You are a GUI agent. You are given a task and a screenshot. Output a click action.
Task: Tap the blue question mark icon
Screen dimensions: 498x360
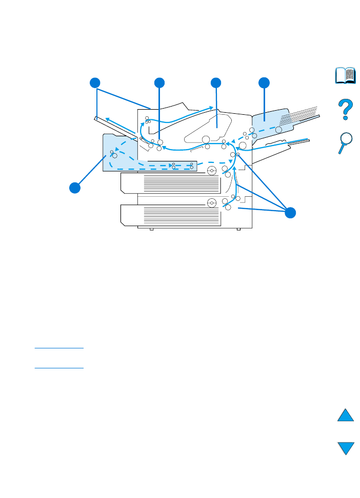coord(346,110)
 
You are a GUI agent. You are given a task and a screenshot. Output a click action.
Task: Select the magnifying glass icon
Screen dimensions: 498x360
coord(346,142)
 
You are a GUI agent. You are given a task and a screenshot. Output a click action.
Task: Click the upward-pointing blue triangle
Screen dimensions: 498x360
coord(346,414)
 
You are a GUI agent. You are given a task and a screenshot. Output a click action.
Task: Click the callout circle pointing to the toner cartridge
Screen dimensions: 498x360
coord(216,83)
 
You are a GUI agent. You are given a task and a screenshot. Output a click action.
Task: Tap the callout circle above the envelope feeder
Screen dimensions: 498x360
coord(264,83)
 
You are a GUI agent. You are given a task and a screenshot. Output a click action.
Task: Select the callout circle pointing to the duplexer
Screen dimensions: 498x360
coord(75,188)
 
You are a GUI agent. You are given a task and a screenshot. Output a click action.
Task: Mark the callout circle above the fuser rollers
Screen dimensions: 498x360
coord(159,83)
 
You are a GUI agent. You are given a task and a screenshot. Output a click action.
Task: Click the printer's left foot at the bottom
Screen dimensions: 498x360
coord(151,229)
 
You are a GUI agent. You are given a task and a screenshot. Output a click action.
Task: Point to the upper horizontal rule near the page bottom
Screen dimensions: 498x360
coord(59,348)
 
